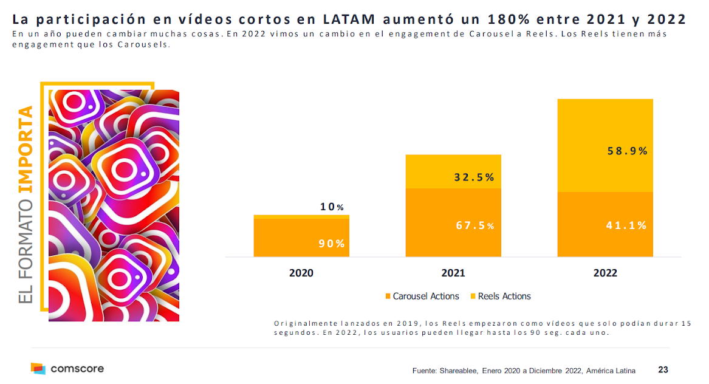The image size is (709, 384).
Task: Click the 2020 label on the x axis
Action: pos(301,273)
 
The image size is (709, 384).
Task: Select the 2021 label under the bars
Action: pos(453,273)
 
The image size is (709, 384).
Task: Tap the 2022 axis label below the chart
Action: pos(605,273)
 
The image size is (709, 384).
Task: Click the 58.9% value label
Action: pos(628,151)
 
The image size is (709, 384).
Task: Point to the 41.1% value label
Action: pos(626,225)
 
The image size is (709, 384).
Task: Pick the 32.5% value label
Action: pos(474,177)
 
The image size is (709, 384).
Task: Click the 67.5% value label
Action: pos(475,225)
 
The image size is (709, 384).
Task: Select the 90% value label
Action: pos(332,244)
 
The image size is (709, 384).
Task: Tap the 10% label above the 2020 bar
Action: pos(332,207)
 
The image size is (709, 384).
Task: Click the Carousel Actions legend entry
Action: pos(422,297)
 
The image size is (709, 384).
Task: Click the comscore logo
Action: pos(67,368)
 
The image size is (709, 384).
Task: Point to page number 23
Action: pos(663,369)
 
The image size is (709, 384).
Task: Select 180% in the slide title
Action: pos(491,19)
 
